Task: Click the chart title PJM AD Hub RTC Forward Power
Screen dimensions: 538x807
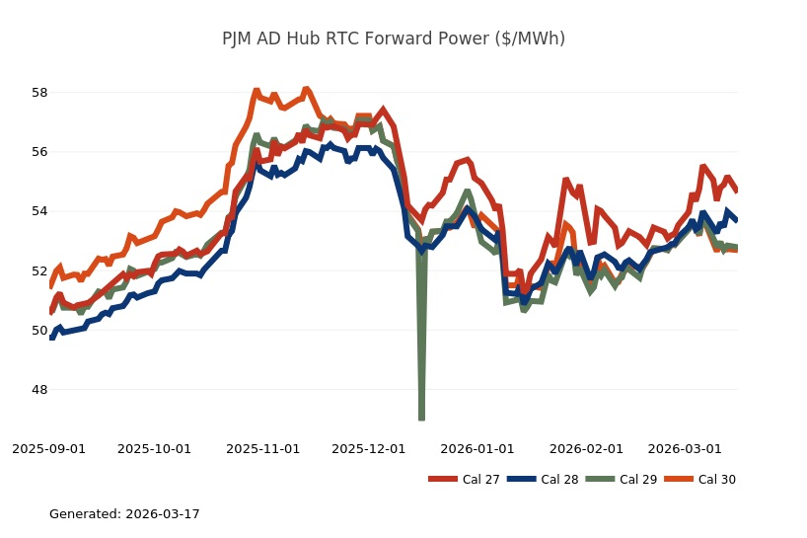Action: pos(394,38)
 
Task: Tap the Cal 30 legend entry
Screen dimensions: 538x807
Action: pos(700,480)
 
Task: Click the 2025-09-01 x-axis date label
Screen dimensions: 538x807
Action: pos(49,448)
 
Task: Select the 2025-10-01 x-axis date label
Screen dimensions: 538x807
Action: pos(155,448)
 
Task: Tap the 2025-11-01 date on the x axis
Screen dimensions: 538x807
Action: pos(263,448)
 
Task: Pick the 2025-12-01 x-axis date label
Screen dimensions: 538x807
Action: pos(369,448)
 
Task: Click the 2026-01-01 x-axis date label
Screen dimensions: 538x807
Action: pos(477,448)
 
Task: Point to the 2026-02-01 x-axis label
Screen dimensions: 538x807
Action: pos(586,448)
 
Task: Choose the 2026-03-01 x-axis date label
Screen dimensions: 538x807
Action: pos(684,448)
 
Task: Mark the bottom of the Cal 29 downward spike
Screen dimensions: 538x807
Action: pos(421,419)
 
